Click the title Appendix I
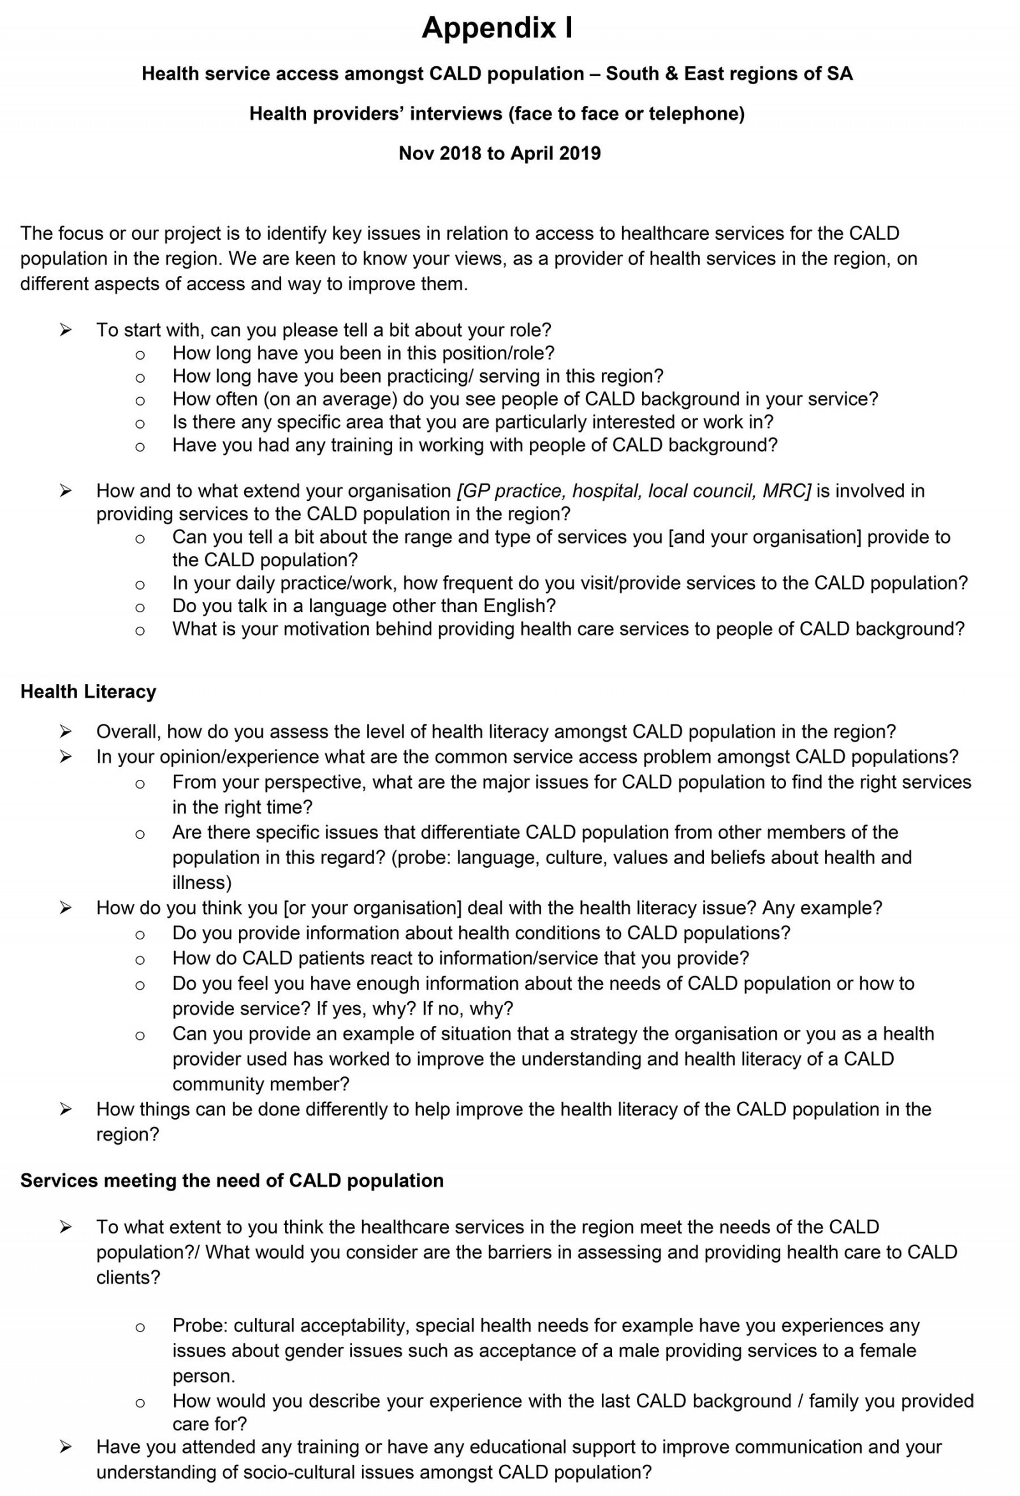(497, 28)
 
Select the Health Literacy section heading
(88, 692)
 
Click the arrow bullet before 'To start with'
(65, 330)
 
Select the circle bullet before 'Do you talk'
(140, 607)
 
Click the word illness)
(201, 883)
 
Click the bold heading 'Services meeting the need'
(231, 1180)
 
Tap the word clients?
(128, 1277)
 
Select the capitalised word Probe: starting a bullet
(200, 1326)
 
